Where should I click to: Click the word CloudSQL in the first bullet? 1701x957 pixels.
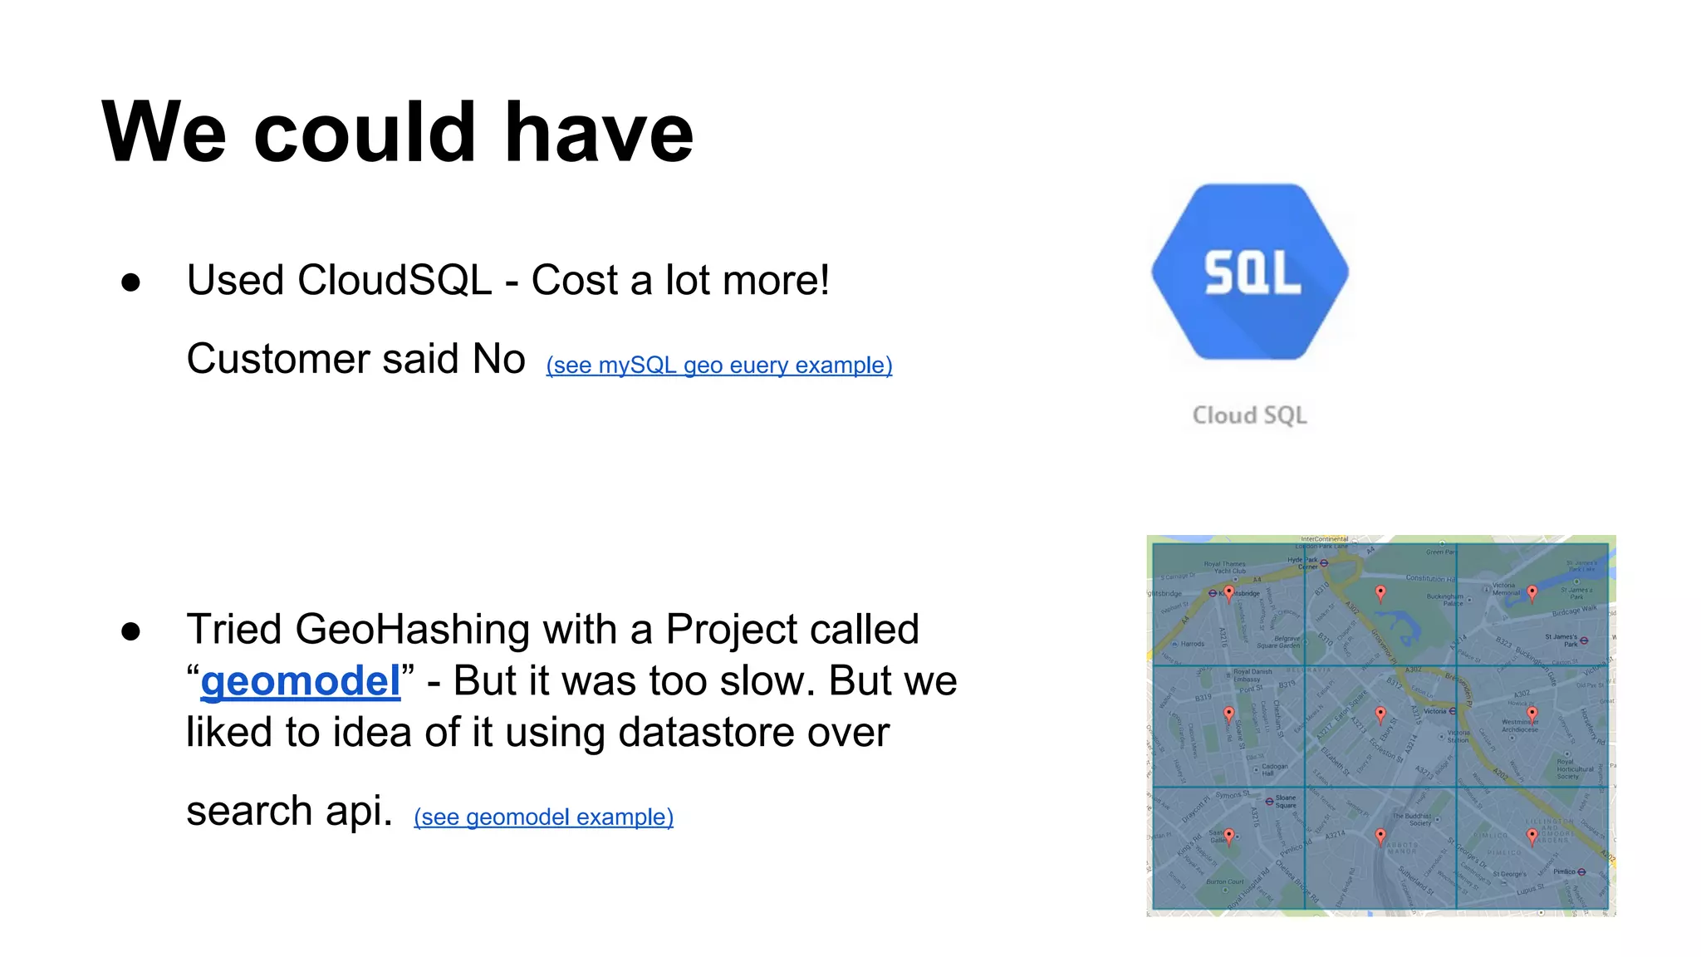pos(395,280)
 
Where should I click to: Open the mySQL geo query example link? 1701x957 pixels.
pos(719,366)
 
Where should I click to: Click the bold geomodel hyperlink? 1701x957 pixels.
pos(301,681)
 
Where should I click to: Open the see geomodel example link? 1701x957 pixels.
pos(543,817)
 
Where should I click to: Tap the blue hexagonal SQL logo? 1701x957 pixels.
pos(1250,272)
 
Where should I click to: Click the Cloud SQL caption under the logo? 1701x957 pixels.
pos(1250,415)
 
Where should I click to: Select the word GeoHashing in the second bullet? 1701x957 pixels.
pos(412,629)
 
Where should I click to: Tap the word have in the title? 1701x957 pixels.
pos(599,132)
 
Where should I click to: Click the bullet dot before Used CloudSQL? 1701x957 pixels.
pos(130,282)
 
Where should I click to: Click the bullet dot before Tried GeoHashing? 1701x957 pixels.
pos(130,631)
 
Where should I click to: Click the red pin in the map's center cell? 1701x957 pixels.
pos(1380,714)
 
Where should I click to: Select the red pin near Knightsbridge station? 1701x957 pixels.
pos(1229,592)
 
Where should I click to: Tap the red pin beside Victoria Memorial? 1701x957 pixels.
pos(1532,592)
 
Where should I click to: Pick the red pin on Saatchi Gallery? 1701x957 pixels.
pos(1229,836)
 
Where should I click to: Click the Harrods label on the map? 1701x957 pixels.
pos(1192,644)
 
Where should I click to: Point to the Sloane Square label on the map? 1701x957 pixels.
pos(1285,802)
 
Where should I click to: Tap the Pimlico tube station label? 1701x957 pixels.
pos(1565,871)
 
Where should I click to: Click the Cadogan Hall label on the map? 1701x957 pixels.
pos(1275,769)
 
